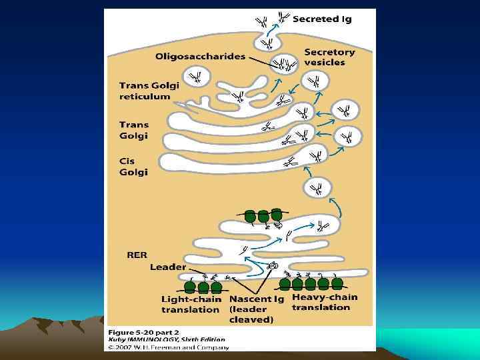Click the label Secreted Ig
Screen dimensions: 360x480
pos(323,19)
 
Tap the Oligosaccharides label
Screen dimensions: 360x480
pos(199,57)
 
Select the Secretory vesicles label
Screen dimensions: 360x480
pos(329,57)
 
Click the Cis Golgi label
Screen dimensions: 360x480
pos(133,167)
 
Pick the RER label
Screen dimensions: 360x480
pos(137,254)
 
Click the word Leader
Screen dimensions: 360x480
pos(167,267)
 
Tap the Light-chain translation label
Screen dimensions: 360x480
pos(191,304)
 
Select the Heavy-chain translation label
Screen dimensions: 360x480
pos(325,302)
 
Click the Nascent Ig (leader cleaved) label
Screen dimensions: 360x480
pos(257,309)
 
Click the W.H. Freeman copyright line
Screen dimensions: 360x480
pos(163,346)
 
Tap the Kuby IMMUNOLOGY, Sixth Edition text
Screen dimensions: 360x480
pos(167,339)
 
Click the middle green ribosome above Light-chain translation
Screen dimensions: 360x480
pos(203,287)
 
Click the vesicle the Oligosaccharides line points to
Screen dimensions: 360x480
pos(285,63)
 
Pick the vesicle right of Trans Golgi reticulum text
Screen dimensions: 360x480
pos(198,78)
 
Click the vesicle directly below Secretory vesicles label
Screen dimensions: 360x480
pos(315,82)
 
